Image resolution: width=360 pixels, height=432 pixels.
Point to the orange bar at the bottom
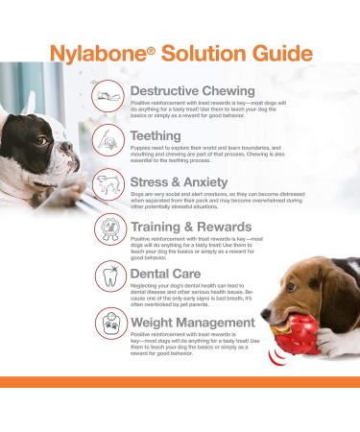pyautogui.click(x=180, y=382)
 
